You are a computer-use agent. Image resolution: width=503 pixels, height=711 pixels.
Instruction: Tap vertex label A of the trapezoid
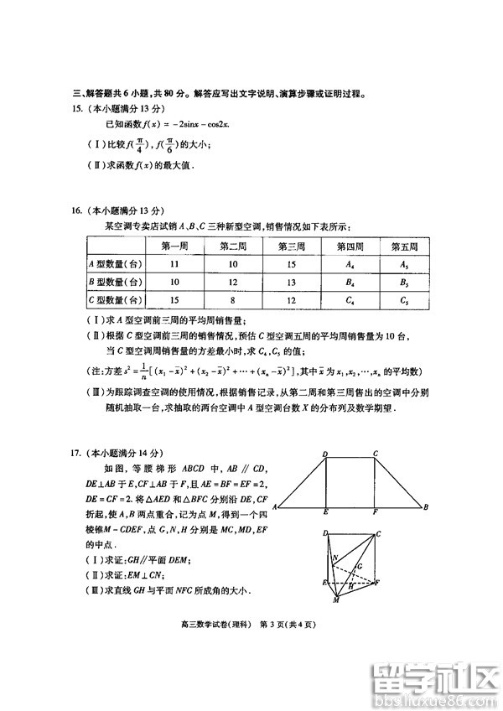point(276,508)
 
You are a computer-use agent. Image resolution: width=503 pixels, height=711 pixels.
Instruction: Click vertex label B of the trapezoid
point(426,507)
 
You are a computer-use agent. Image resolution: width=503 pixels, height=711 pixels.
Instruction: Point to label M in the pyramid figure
point(335,601)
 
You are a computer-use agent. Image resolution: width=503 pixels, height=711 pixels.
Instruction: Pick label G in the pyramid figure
point(359,566)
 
